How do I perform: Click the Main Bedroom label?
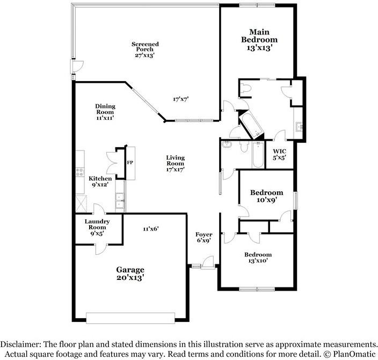[259, 40]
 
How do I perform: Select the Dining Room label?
[105, 111]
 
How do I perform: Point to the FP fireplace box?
[129, 162]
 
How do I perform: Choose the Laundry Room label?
[98, 226]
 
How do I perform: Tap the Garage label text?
[130, 273]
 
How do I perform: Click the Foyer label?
[203, 237]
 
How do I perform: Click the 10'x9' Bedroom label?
[267, 196]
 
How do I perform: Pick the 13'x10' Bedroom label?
[258, 257]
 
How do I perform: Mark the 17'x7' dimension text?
[180, 99]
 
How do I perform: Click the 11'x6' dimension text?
[150, 229]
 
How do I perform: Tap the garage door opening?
[132, 318]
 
